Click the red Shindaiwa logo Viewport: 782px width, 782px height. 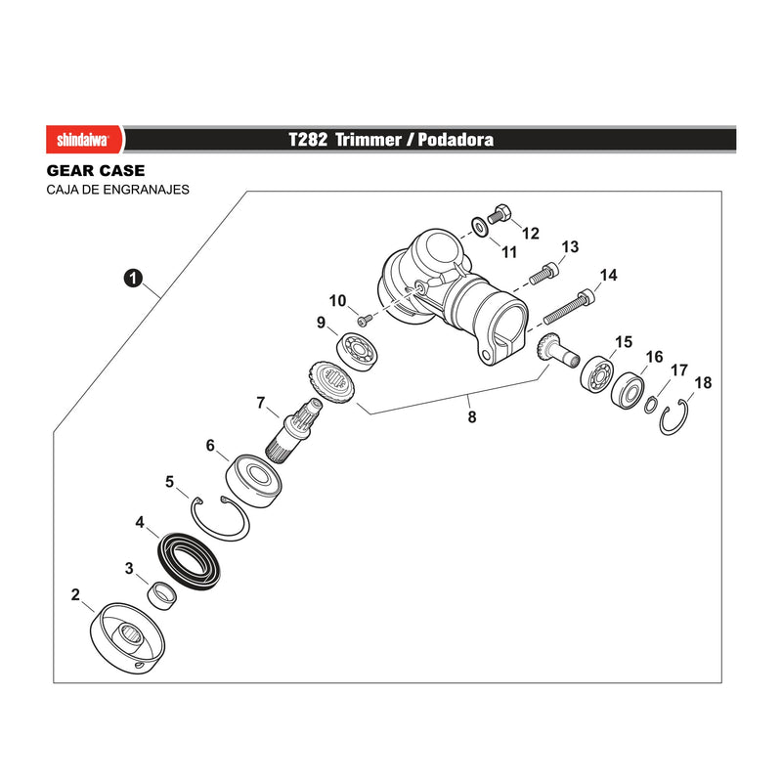[x=84, y=139]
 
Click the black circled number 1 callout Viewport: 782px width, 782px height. [x=133, y=278]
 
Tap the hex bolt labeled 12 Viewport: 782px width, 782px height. [x=500, y=213]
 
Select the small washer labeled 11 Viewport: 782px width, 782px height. [x=480, y=228]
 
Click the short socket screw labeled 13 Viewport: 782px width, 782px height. [x=543, y=273]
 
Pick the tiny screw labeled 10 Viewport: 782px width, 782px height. [x=366, y=319]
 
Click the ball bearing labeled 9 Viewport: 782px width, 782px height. [x=357, y=352]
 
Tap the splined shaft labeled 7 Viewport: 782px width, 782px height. [x=294, y=430]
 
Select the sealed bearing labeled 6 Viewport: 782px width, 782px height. [x=253, y=481]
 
